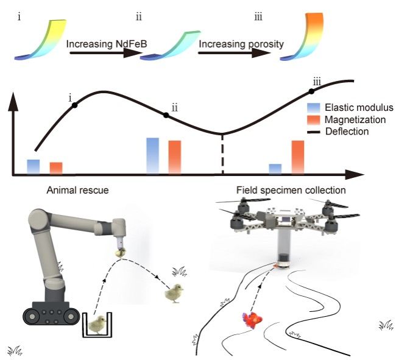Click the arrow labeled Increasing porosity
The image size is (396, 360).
pos(235,53)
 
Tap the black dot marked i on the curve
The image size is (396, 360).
pos(75,105)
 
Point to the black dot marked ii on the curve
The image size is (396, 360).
pos(165,115)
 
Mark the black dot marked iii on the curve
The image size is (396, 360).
pos(311,91)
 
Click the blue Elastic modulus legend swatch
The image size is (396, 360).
pos(316,105)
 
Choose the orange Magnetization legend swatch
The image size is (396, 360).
pos(316,118)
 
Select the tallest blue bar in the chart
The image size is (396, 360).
pos(153,155)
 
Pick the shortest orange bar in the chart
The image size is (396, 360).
pos(56,168)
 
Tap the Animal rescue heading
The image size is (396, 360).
pos(78,190)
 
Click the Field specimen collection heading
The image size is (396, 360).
pos(291,190)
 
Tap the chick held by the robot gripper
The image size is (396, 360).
pos(122,250)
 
